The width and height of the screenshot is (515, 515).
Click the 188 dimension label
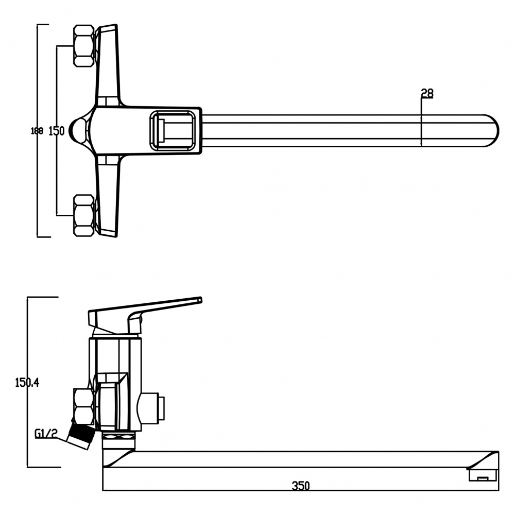click(x=37, y=131)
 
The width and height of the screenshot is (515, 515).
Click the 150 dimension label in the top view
click(x=57, y=131)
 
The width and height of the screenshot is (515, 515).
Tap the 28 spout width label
click(x=427, y=93)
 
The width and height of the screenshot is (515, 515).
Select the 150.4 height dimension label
click(x=27, y=382)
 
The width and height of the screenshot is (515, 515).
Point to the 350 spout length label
click(x=301, y=486)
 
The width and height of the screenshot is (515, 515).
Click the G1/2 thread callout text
click(x=46, y=434)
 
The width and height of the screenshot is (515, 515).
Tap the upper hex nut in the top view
click(x=84, y=46)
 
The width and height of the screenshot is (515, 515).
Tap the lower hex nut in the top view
click(x=84, y=215)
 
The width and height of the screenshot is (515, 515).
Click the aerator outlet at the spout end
click(x=482, y=475)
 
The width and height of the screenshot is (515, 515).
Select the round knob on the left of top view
click(x=78, y=131)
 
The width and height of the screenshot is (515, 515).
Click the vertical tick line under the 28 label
click(x=421, y=122)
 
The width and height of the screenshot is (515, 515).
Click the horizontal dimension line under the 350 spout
click(x=301, y=491)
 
